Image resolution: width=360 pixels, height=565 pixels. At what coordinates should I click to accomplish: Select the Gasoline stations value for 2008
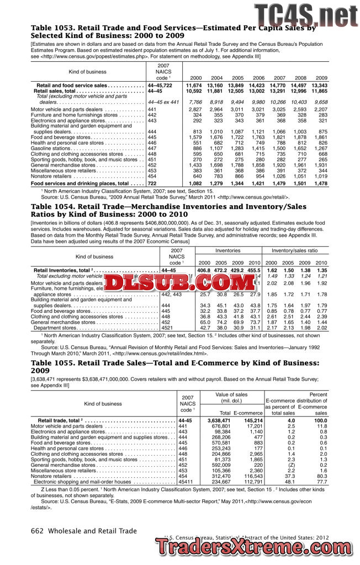coord(300,148)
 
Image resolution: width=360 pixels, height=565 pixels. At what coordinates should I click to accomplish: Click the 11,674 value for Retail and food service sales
coord(194,86)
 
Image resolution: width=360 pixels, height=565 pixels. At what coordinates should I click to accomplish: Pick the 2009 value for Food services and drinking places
coord(320,183)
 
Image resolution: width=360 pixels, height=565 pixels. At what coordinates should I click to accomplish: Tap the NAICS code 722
coord(152,183)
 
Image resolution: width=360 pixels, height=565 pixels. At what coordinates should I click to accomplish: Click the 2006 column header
coord(258,78)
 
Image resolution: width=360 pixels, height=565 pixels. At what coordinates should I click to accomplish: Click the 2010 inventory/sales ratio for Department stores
coord(321,328)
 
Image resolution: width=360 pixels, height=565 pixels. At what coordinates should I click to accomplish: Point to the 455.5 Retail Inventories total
coord(254,270)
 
